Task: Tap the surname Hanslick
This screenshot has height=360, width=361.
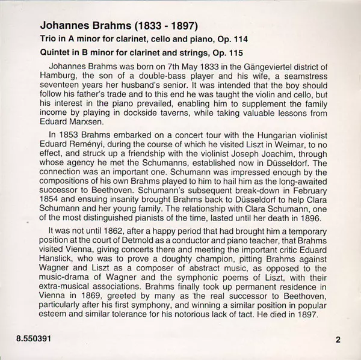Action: pyautogui.click(x=58, y=263)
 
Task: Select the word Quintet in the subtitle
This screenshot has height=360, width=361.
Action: pyautogui.click(x=57, y=53)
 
